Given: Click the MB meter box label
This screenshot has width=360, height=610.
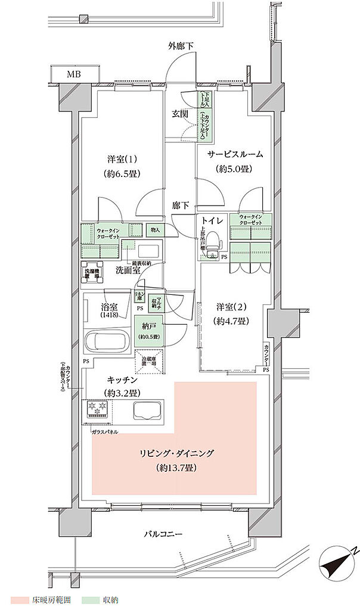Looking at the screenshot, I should pyautogui.click(x=73, y=74).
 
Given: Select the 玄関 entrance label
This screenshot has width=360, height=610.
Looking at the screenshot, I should pyautogui.click(x=181, y=113).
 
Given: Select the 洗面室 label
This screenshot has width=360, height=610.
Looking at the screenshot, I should pyautogui.click(x=128, y=269).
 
